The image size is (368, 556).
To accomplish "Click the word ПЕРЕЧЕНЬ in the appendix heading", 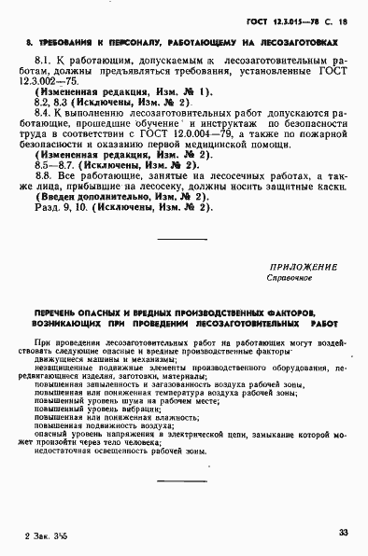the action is point(59,311).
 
